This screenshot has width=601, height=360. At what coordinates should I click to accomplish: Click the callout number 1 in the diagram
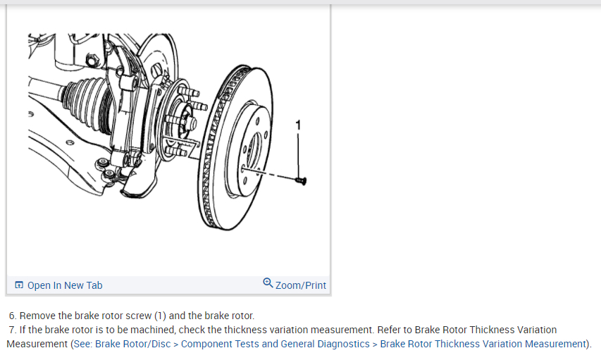click(x=298, y=125)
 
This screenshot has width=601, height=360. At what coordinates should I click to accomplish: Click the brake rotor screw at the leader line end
click(x=301, y=181)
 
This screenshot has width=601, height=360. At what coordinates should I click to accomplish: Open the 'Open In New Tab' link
click(x=64, y=285)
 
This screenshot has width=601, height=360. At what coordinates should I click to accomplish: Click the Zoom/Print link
click(x=301, y=285)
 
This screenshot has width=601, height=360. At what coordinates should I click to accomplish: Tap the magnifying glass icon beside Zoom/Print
click(x=268, y=283)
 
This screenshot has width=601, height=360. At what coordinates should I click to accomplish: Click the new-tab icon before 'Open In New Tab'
click(x=20, y=285)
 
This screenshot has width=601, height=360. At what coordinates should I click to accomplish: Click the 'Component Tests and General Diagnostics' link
click(x=275, y=344)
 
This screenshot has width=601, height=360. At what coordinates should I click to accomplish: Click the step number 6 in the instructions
click(x=12, y=316)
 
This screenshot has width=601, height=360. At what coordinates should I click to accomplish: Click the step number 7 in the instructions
click(x=12, y=330)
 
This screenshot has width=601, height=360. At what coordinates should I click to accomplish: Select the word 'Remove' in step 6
click(x=37, y=316)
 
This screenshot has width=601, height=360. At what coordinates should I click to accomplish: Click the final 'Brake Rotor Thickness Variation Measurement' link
click(x=483, y=344)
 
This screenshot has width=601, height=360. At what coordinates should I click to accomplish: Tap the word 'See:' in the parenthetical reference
click(x=82, y=344)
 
